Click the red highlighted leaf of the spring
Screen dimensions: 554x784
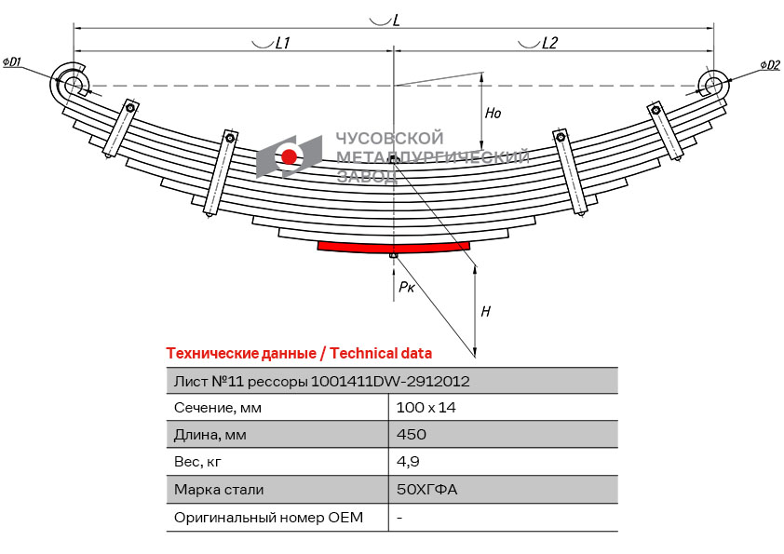(393, 246)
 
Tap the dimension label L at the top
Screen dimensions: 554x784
(397, 20)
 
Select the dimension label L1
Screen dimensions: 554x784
(283, 43)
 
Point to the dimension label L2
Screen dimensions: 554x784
(549, 43)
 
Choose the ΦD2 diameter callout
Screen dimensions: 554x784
(769, 64)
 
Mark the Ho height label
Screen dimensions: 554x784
(493, 114)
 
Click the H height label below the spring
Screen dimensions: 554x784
(485, 312)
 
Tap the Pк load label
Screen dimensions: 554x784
(407, 288)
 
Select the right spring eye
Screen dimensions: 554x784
(713, 85)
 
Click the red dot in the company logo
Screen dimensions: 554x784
(290, 156)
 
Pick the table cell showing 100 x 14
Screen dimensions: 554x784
(426, 407)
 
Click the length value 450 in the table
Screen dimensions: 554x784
(412, 434)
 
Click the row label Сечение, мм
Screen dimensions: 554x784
(218, 407)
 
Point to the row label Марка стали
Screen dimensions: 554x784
(219, 489)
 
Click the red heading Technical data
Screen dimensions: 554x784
(381, 353)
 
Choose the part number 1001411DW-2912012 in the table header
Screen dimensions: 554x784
(390, 381)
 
